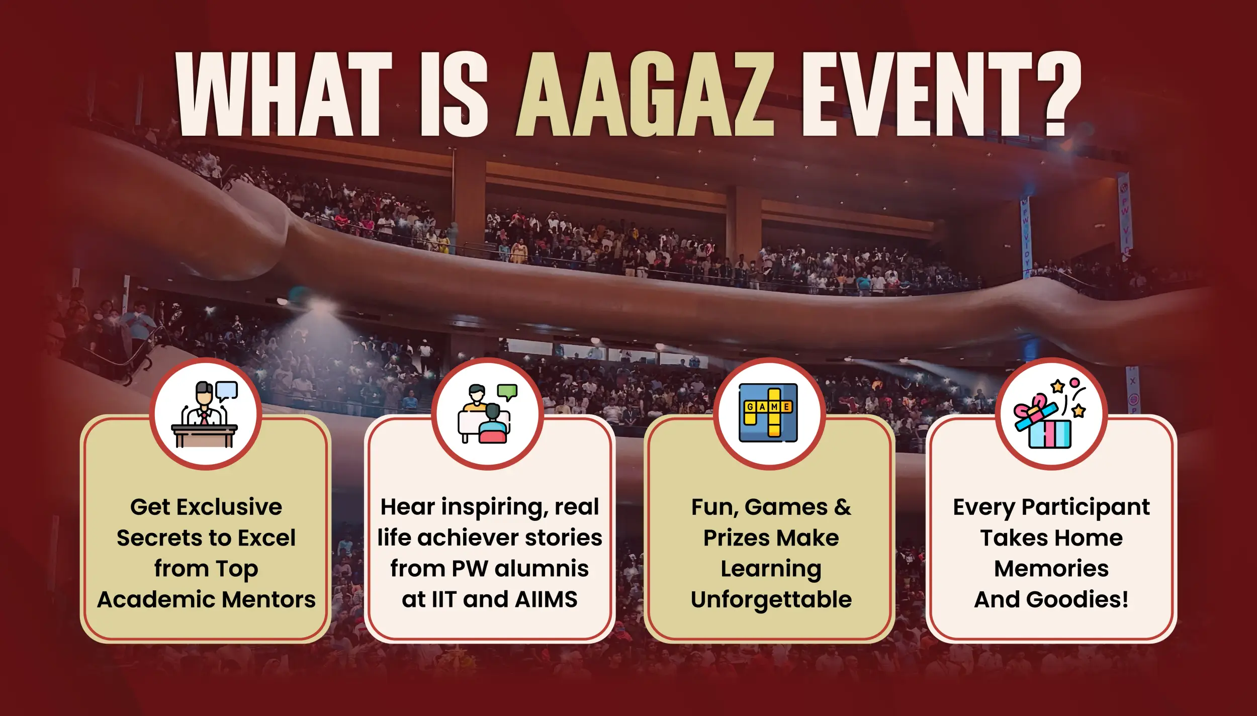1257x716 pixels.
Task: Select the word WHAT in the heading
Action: click(284, 94)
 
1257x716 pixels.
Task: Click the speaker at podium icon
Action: click(205, 414)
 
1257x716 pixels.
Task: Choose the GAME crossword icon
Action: click(768, 413)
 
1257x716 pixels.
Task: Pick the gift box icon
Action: click(1050, 414)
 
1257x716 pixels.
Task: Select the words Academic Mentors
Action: click(206, 599)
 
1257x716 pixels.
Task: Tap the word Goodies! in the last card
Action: click(1077, 599)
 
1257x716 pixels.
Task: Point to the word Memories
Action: click(1051, 569)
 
